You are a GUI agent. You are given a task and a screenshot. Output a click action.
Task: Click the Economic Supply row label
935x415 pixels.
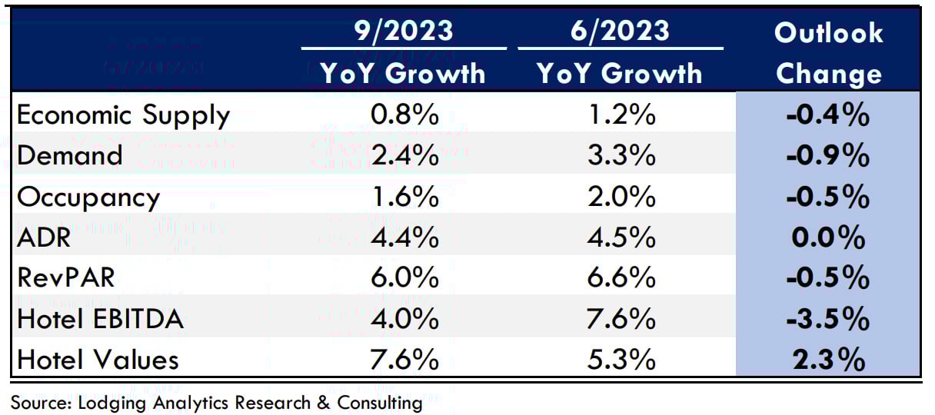point(123,115)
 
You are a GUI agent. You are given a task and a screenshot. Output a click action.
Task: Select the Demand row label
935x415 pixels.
point(69,155)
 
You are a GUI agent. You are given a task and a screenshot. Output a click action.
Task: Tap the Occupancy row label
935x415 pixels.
point(88,197)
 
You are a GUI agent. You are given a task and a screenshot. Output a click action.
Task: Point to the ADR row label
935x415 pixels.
point(43,237)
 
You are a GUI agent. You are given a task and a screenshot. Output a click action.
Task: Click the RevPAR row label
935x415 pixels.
point(65,277)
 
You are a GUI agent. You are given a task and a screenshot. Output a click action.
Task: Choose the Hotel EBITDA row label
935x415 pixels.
point(100,318)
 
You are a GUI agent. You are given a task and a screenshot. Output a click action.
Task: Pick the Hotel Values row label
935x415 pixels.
point(97,359)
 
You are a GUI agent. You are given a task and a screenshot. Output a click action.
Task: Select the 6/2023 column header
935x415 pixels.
point(619,32)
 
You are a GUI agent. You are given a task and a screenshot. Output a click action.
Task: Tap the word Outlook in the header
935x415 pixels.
point(828,33)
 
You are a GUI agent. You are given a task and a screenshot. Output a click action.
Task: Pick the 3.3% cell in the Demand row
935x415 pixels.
point(619,156)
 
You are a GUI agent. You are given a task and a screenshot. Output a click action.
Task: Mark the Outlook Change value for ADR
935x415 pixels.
point(829,237)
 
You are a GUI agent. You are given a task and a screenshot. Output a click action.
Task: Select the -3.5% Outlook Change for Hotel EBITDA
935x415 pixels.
point(827,319)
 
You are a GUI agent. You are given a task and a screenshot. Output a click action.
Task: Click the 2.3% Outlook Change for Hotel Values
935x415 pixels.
point(829,359)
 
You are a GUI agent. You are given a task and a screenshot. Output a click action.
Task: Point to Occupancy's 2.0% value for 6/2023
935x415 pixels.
point(619,197)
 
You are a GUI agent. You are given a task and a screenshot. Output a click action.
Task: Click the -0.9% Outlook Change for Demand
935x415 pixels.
point(827,156)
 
